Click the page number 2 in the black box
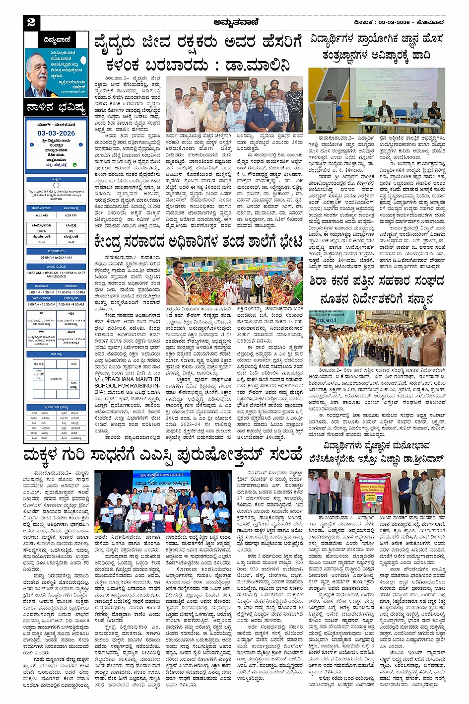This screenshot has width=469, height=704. (x=31, y=22)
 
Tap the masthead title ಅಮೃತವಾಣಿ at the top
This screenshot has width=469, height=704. (x=234, y=22)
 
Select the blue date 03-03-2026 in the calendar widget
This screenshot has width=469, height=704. (x=56, y=133)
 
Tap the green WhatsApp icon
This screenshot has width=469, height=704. (x=75, y=164)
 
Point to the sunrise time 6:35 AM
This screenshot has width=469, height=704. (x=42, y=215)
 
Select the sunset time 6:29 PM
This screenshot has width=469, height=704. (x=71, y=215)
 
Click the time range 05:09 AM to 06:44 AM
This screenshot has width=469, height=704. (x=56, y=257)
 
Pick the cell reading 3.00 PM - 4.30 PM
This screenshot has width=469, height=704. (x=41, y=292)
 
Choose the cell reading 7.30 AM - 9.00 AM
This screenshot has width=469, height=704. (x=71, y=304)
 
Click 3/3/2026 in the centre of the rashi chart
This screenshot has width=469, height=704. (x=56, y=379)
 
